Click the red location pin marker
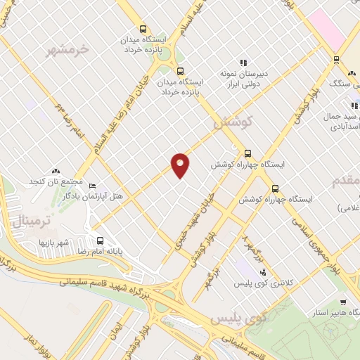[x=181, y=165]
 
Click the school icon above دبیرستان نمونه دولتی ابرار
[x=244, y=63]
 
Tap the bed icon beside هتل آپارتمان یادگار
[x=92, y=186]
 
